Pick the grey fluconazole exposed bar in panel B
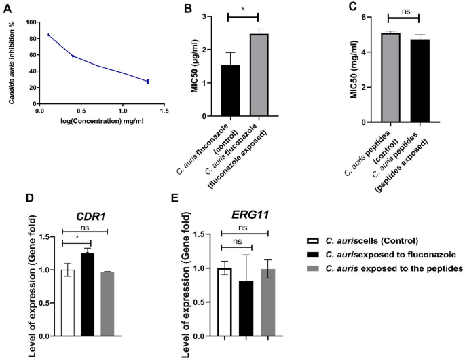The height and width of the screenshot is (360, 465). tap(259, 75)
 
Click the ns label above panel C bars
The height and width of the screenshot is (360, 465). tap(404, 10)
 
